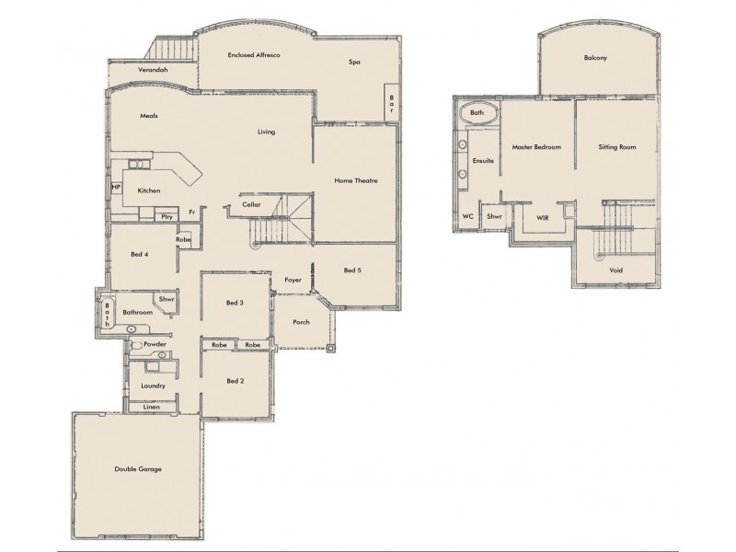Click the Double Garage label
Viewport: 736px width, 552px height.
point(138,469)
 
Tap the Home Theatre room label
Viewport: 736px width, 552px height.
point(355,181)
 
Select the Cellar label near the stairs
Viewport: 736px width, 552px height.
point(253,205)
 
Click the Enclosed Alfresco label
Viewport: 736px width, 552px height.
point(253,56)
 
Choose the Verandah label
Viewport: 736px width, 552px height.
point(152,70)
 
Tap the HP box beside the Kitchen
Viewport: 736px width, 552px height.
point(116,188)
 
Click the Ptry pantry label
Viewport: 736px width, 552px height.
point(167,216)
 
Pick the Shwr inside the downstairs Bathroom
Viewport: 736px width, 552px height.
point(167,300)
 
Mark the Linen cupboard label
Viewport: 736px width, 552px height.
point(152,406)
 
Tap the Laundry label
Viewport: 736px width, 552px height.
point(153,385)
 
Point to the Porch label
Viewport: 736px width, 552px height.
point(301,322)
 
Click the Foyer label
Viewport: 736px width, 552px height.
point(293,279)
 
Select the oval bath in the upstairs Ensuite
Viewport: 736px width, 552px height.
point(477,113)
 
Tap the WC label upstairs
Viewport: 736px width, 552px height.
point(468,216)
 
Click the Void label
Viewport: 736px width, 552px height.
point(615,270)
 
